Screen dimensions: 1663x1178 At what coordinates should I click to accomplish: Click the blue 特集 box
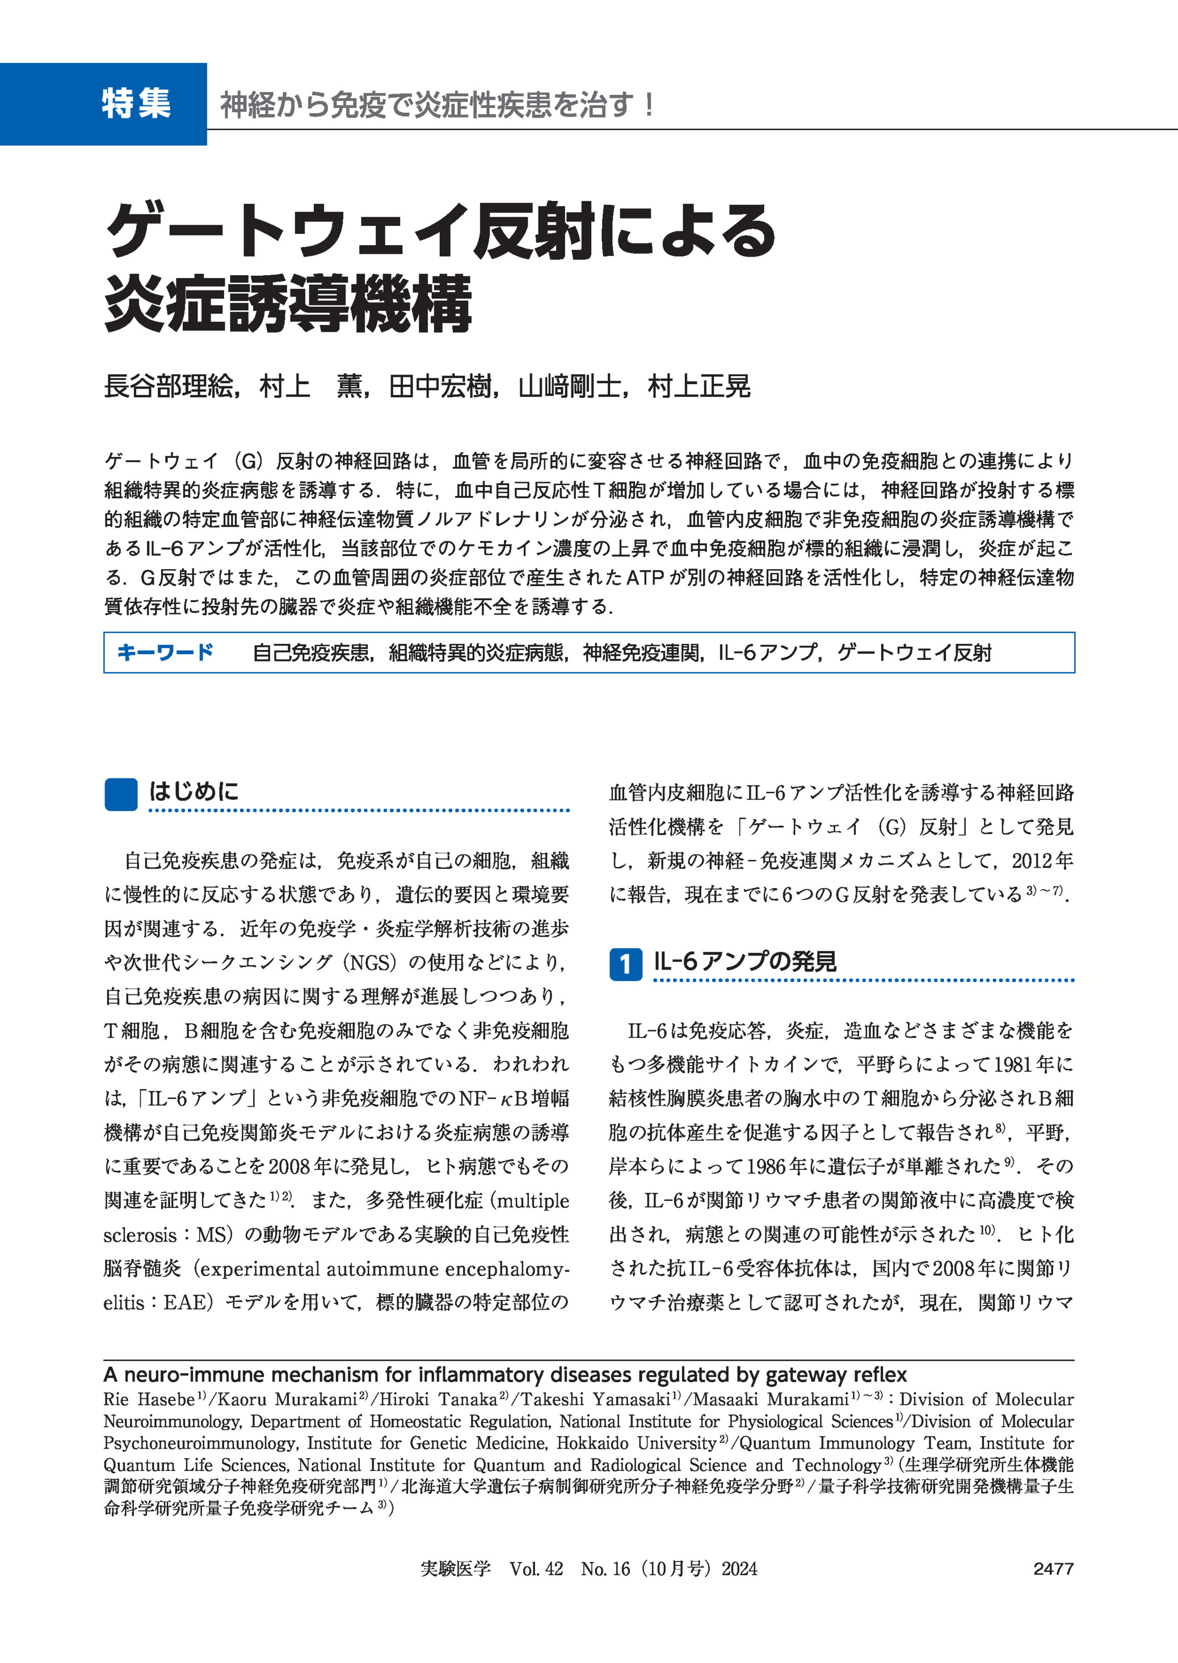coord(104,104)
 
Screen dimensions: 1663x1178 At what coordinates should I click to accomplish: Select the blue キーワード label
coord(165,652)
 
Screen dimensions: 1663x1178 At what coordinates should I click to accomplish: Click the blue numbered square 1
coord(625,964)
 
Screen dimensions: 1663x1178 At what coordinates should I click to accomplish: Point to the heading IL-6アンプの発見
coord(745,962)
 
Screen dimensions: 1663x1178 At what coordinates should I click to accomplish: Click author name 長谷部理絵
coord(169,386)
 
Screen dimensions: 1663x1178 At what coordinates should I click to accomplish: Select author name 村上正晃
coord(699,386)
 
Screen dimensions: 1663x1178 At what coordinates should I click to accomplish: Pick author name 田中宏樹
coord(440,386)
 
